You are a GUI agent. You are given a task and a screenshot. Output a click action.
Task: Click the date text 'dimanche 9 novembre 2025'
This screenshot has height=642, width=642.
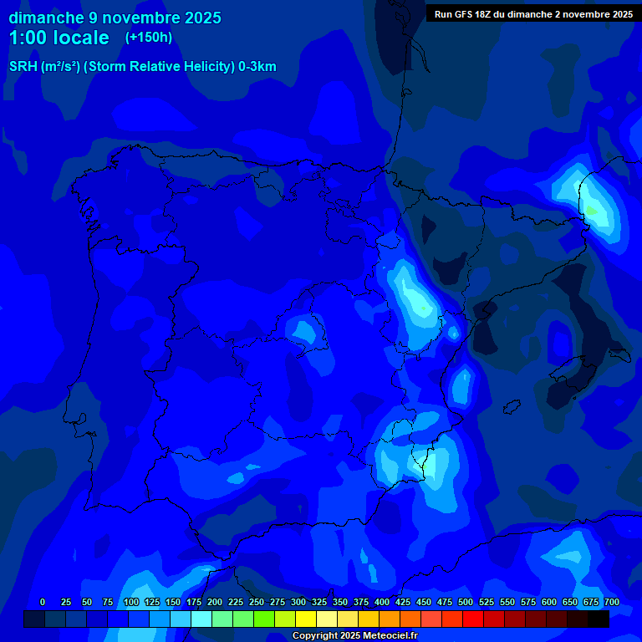(115, 18)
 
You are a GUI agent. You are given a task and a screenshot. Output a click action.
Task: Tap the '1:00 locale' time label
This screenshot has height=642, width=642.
(59, 38)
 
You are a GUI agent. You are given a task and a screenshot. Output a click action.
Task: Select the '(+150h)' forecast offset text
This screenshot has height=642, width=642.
(149, 38)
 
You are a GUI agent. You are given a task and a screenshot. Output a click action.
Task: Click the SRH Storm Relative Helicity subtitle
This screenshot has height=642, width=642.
(142, 67)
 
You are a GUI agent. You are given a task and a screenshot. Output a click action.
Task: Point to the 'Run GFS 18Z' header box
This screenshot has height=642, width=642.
(532, 14)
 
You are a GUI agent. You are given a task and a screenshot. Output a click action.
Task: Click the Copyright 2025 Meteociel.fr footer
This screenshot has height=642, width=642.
(355, 636)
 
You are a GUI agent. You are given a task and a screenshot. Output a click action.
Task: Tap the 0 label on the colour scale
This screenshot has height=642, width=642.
(43, 603)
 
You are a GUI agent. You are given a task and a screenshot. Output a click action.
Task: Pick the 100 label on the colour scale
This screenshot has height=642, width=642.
(131, 603)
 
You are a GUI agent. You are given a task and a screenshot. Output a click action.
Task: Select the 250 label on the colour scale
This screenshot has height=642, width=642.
(257, 603)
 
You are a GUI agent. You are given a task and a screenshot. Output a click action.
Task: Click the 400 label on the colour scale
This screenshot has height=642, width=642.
(382, 603)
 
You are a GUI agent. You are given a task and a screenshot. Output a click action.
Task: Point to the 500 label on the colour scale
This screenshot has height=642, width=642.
(466, 603)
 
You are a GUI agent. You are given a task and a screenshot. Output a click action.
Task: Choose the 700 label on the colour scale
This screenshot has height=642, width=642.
(612, 603)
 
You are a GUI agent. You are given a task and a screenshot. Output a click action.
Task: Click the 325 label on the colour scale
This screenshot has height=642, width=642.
(319, 603)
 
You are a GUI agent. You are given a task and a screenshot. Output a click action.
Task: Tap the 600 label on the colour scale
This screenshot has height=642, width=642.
(549, 603)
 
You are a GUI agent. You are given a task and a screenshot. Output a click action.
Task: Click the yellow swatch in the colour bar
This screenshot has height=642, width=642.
(306, 619)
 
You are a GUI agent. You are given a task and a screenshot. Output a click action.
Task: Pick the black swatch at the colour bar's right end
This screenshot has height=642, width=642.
(599, 619)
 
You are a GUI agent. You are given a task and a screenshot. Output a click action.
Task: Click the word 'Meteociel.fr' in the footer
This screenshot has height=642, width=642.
(388, 636)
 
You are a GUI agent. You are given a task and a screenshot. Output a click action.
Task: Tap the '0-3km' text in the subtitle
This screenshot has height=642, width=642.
(257, 67)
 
